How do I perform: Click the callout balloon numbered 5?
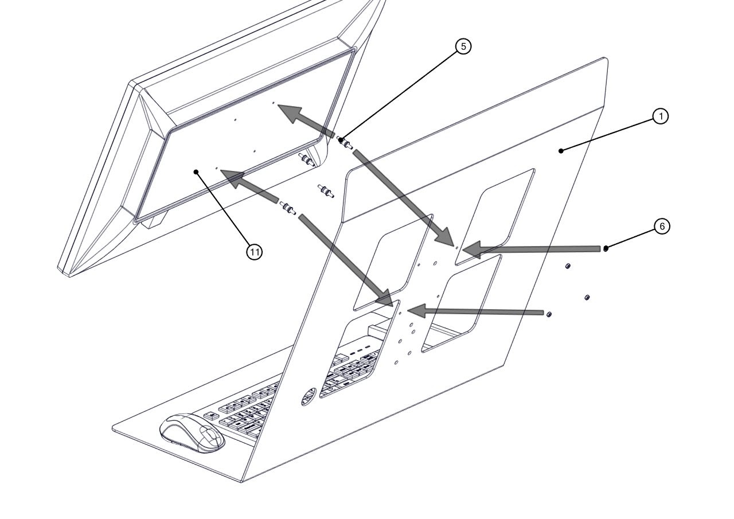coord(463,46)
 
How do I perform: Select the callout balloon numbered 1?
coord(661,116)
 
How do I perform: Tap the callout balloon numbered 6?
coord(662,227)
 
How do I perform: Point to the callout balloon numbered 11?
coord(255,251)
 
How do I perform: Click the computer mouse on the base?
coord(192,433)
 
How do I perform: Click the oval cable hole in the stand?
coord(309,397)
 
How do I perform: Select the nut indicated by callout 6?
coord(606,248)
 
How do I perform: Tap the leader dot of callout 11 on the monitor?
coord(196,171)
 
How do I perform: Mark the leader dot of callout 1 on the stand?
coord(561,150)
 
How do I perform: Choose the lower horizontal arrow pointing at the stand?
coord(476,312)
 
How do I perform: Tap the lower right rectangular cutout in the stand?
coord(462,304)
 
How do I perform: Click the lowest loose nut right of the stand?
coord(549,315)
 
